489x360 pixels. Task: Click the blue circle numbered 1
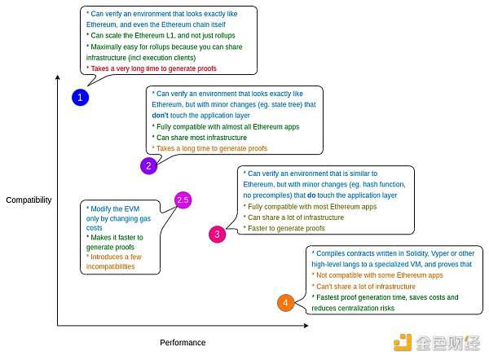click(x=80, y=97)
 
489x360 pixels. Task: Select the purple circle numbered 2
click(x=149, y=165)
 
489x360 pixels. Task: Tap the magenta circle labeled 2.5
click(x=183, y=200)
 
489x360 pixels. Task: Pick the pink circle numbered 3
click(x=217, y=234)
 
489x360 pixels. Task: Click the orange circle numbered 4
click(x=285, y=302)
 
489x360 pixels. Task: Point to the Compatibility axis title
click(x=29, y=200)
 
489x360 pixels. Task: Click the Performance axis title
click(x=183, y=342)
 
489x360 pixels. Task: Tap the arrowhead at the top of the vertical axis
click(x=57, y=77)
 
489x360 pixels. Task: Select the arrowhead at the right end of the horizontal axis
click(x=306, y=326)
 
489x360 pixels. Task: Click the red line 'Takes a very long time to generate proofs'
click(x=152, y=68)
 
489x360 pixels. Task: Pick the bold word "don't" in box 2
click(x=160, y=116)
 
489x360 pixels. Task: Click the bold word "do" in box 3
click(x=311, y=195)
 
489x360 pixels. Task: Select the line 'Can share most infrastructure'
click(x=200, y=138)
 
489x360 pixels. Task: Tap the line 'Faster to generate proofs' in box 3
click(x=284, y=228)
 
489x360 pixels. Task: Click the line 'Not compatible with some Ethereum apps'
click(x=377, y=275)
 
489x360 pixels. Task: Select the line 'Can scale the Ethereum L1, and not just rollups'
click(x=161, y=36)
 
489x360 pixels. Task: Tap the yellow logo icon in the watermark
click(x=403, y=342)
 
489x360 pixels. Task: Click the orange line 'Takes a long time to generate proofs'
click(x=209, y=148)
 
